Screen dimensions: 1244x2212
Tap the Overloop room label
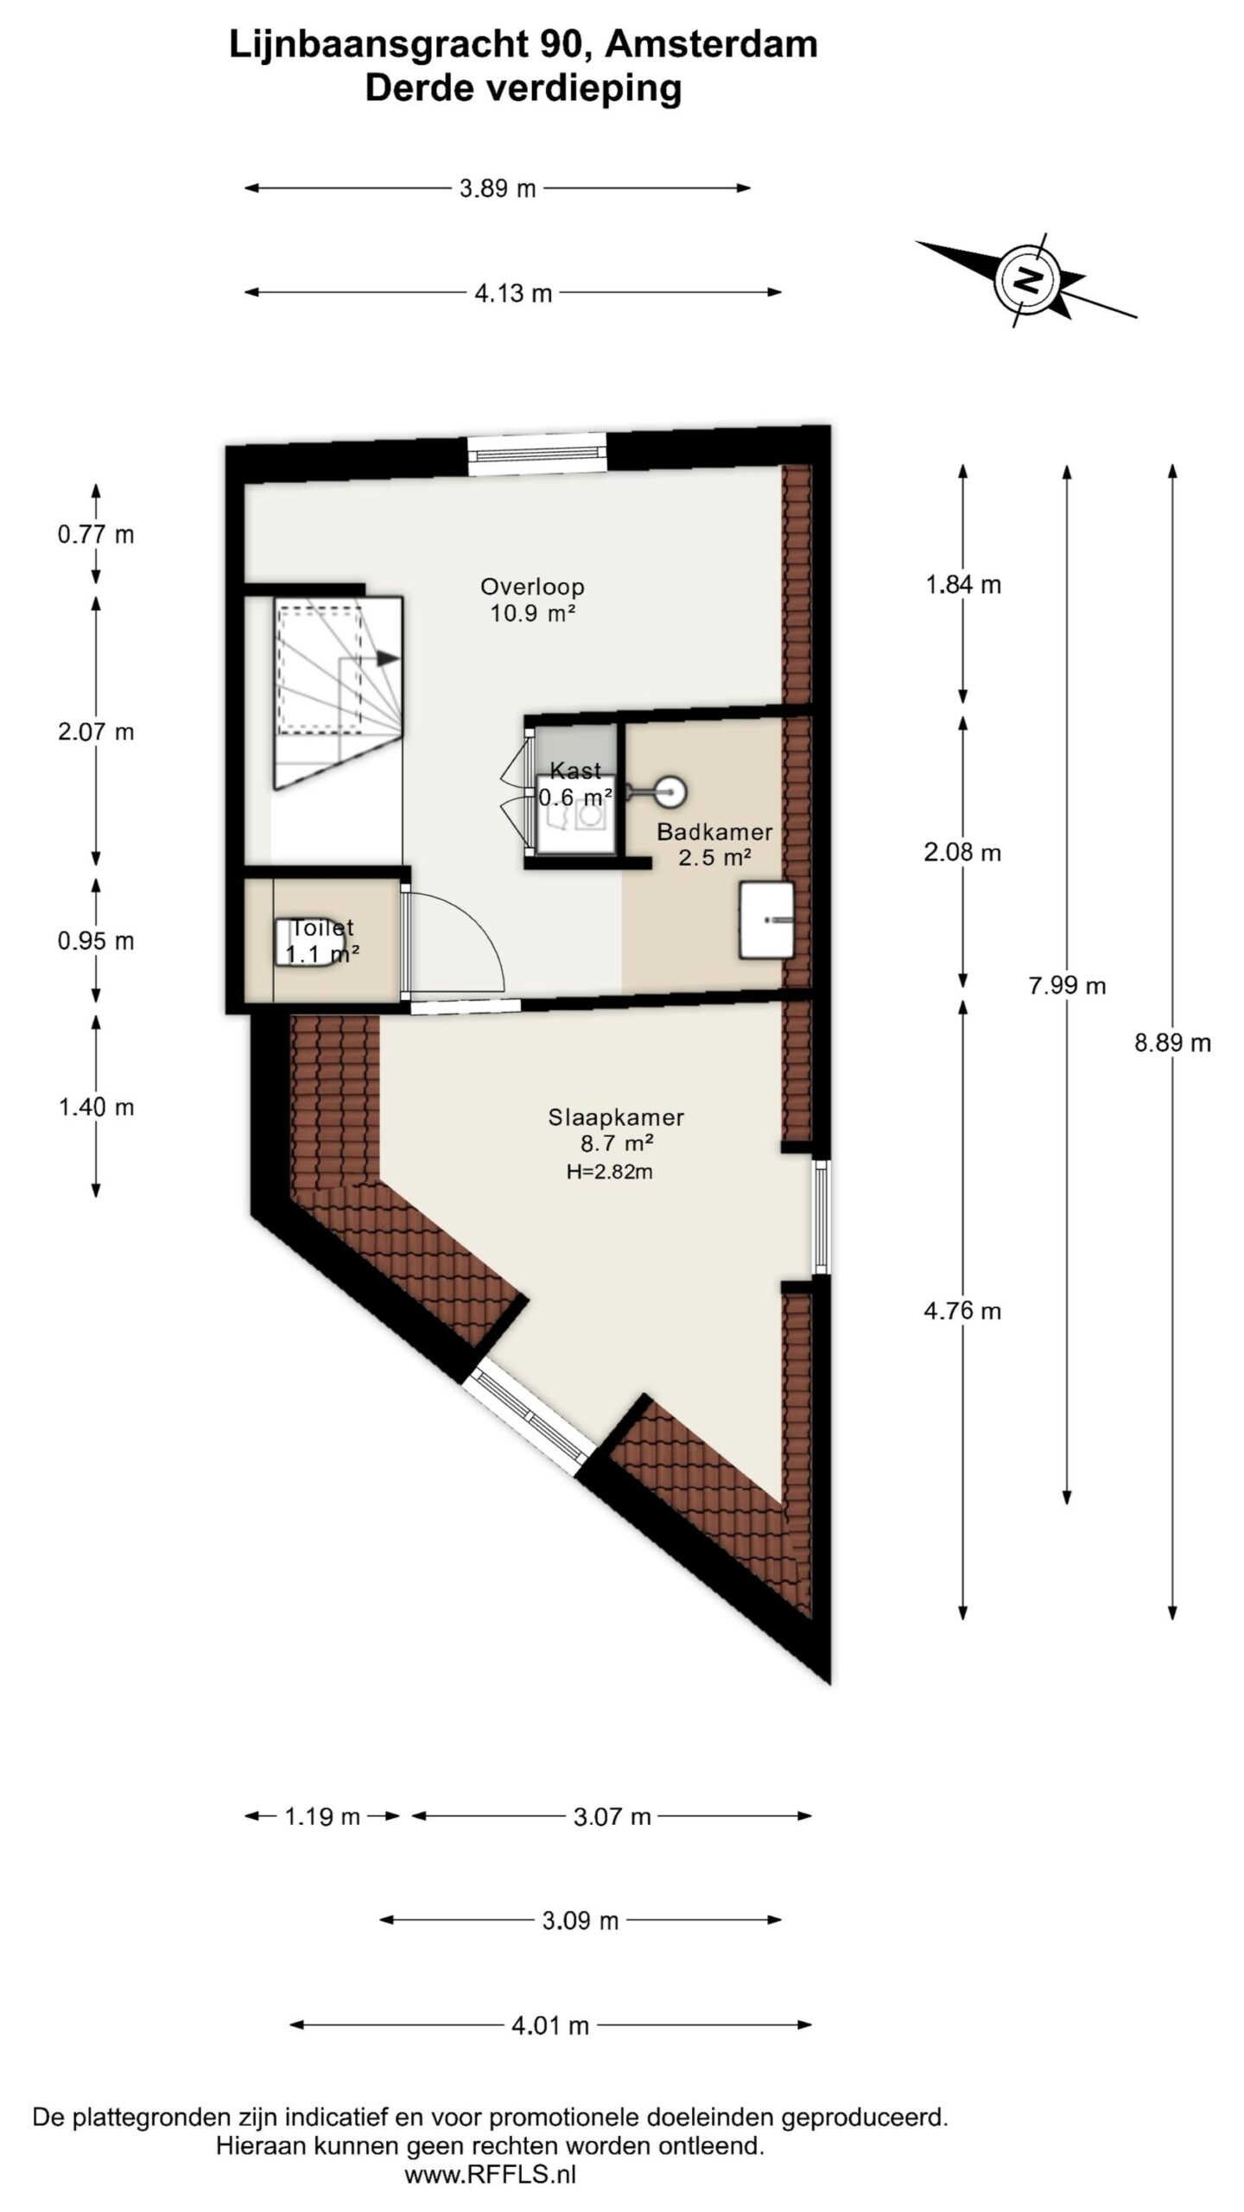532,587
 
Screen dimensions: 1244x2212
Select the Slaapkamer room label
616,1117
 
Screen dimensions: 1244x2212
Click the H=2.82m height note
609,1173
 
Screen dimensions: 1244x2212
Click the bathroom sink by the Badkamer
766,919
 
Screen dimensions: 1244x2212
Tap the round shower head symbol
670,790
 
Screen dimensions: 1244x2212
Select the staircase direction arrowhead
388,658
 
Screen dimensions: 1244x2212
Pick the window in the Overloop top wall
537,455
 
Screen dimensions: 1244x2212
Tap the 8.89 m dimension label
1172,1043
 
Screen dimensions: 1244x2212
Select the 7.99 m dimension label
1067,986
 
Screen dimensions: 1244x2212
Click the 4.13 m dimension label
513,294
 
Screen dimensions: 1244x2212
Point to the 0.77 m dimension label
96,535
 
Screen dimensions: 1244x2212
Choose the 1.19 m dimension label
322,1816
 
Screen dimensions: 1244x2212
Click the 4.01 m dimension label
550,2025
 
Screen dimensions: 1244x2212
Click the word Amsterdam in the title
711,45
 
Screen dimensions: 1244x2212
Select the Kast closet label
575,771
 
